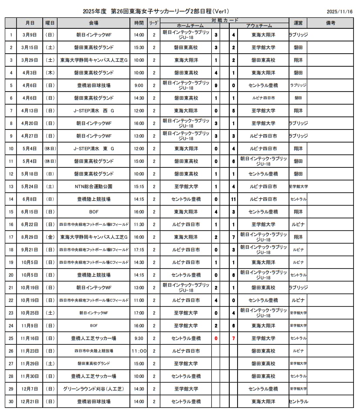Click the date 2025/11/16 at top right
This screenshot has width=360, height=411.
point(340,12)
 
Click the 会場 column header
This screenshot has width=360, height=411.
point(94,23)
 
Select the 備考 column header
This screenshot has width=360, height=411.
point(330,23)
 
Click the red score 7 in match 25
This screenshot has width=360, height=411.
point(234,338)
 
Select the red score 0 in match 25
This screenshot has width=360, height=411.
point(216,338)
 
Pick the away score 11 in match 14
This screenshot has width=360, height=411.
point(234,199)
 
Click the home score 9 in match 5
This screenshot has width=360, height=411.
point(216,85)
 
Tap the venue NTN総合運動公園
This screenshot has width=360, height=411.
point(94,187)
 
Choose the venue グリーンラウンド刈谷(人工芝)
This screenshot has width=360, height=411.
point(94,389)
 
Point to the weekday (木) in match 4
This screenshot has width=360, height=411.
point(50,73)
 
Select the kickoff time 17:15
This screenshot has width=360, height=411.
point(139,250)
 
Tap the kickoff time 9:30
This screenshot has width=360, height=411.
point(139,338)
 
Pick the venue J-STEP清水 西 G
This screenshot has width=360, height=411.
point(94,111)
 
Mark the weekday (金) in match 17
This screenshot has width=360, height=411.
point(50,237)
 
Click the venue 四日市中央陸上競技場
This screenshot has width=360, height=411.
point(94,351)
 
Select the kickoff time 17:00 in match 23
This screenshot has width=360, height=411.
point(139,313)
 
